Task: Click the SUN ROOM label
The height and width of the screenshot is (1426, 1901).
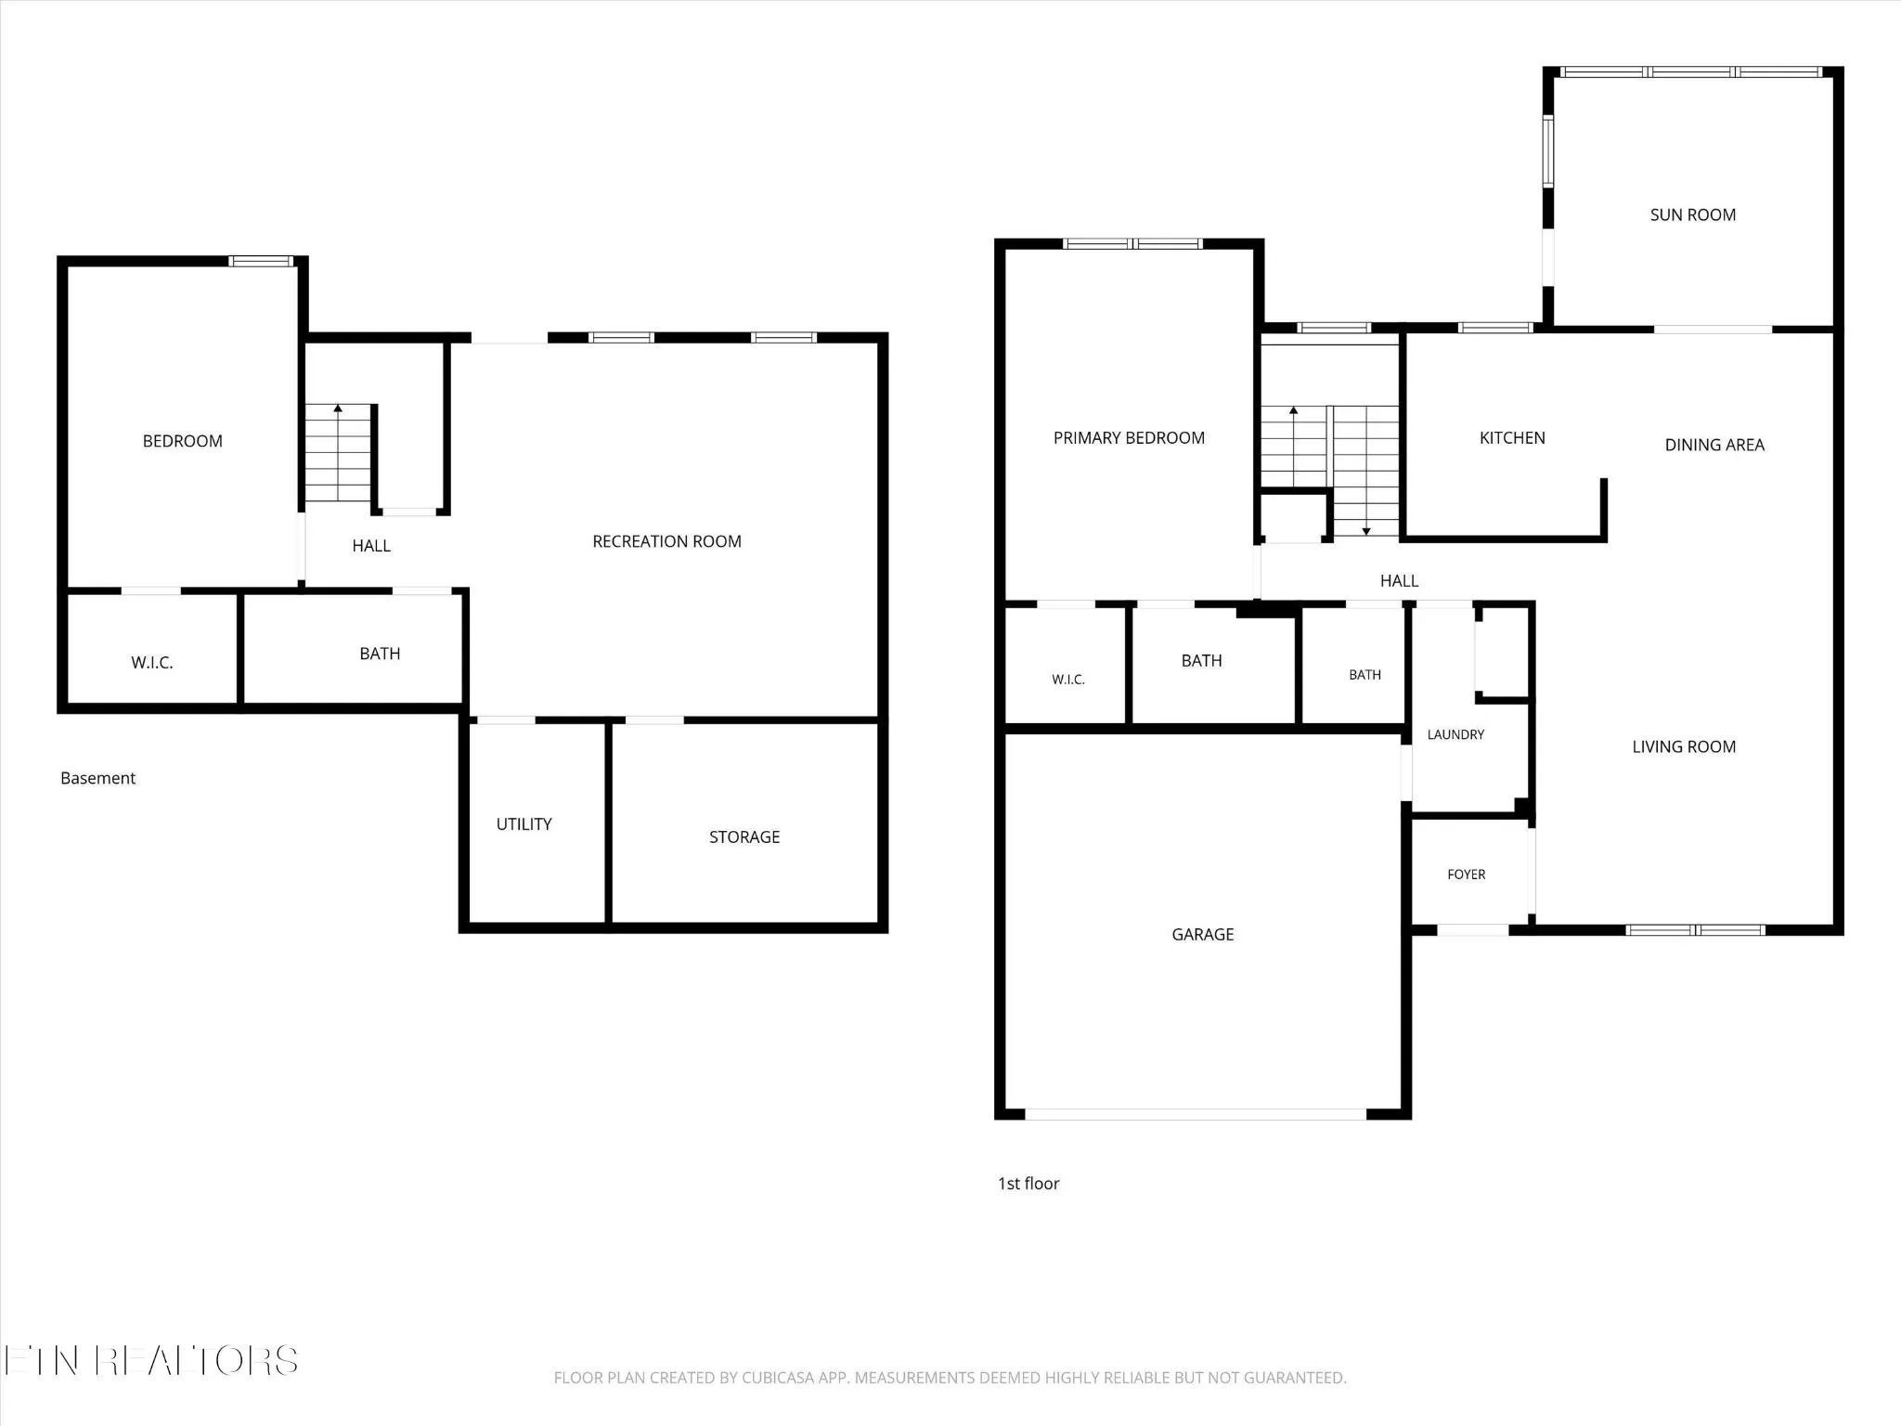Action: point(1692,214)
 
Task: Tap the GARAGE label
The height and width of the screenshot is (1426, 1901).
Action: point(1202,934)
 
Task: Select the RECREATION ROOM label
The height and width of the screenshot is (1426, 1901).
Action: point(666,541)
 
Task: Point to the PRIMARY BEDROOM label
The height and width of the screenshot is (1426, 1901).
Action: point(1129,437)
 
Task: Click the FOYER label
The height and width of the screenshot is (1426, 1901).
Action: point(1466,875)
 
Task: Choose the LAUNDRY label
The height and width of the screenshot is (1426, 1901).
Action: point(1455,734)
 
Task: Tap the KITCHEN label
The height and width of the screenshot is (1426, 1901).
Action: point(1512,437)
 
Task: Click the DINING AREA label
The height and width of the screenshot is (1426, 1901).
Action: point(1714,445)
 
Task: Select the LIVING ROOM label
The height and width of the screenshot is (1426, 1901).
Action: point(1684,746)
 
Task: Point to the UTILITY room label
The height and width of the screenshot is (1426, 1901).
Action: point(524,823)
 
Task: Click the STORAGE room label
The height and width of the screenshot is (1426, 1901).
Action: point(744,836)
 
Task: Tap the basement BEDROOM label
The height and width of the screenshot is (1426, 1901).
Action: point(182,441)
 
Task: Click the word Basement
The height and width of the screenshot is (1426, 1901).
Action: point(97,778)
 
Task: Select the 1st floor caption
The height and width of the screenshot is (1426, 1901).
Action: point(1028,1183)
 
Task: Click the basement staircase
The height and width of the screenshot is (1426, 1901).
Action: point(339,453)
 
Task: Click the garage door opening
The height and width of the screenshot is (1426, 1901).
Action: point(1196,1114)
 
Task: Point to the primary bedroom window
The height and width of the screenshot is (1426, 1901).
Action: point(1132,244)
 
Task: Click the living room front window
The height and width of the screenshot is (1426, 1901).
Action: point(1695,930)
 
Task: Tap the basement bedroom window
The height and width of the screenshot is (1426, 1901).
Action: point(262,262)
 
